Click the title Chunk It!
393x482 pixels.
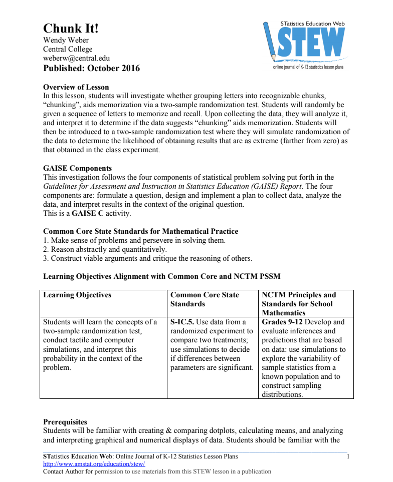pos(71,29)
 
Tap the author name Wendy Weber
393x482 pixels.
pos(66,41)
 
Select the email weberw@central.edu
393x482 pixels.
pos(76,58)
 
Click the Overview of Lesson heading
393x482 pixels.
pos(76,87)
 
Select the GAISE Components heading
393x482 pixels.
pos(77,168)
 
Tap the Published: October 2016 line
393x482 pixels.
pos(91,68)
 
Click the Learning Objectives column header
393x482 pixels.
pos(77,295)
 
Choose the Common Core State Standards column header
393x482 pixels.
pos(205,299)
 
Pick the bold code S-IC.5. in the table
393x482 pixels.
pos(182,322)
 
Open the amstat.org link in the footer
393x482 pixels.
pos(94,464)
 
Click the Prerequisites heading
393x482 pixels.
pos(65,422)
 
